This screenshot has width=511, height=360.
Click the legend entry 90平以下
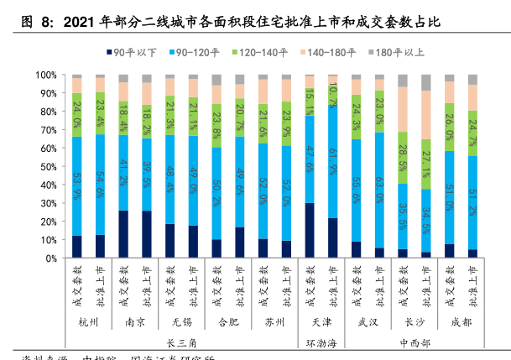[x=135, y=53]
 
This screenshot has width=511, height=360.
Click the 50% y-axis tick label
[x=46, y=166]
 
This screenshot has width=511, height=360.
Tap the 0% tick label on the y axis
[x=49, y=258]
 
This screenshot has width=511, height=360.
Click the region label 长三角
[x=181, y=342]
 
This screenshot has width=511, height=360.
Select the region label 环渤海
[x=321, y=342]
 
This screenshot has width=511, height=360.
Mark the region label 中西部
[x=414, y=342]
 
